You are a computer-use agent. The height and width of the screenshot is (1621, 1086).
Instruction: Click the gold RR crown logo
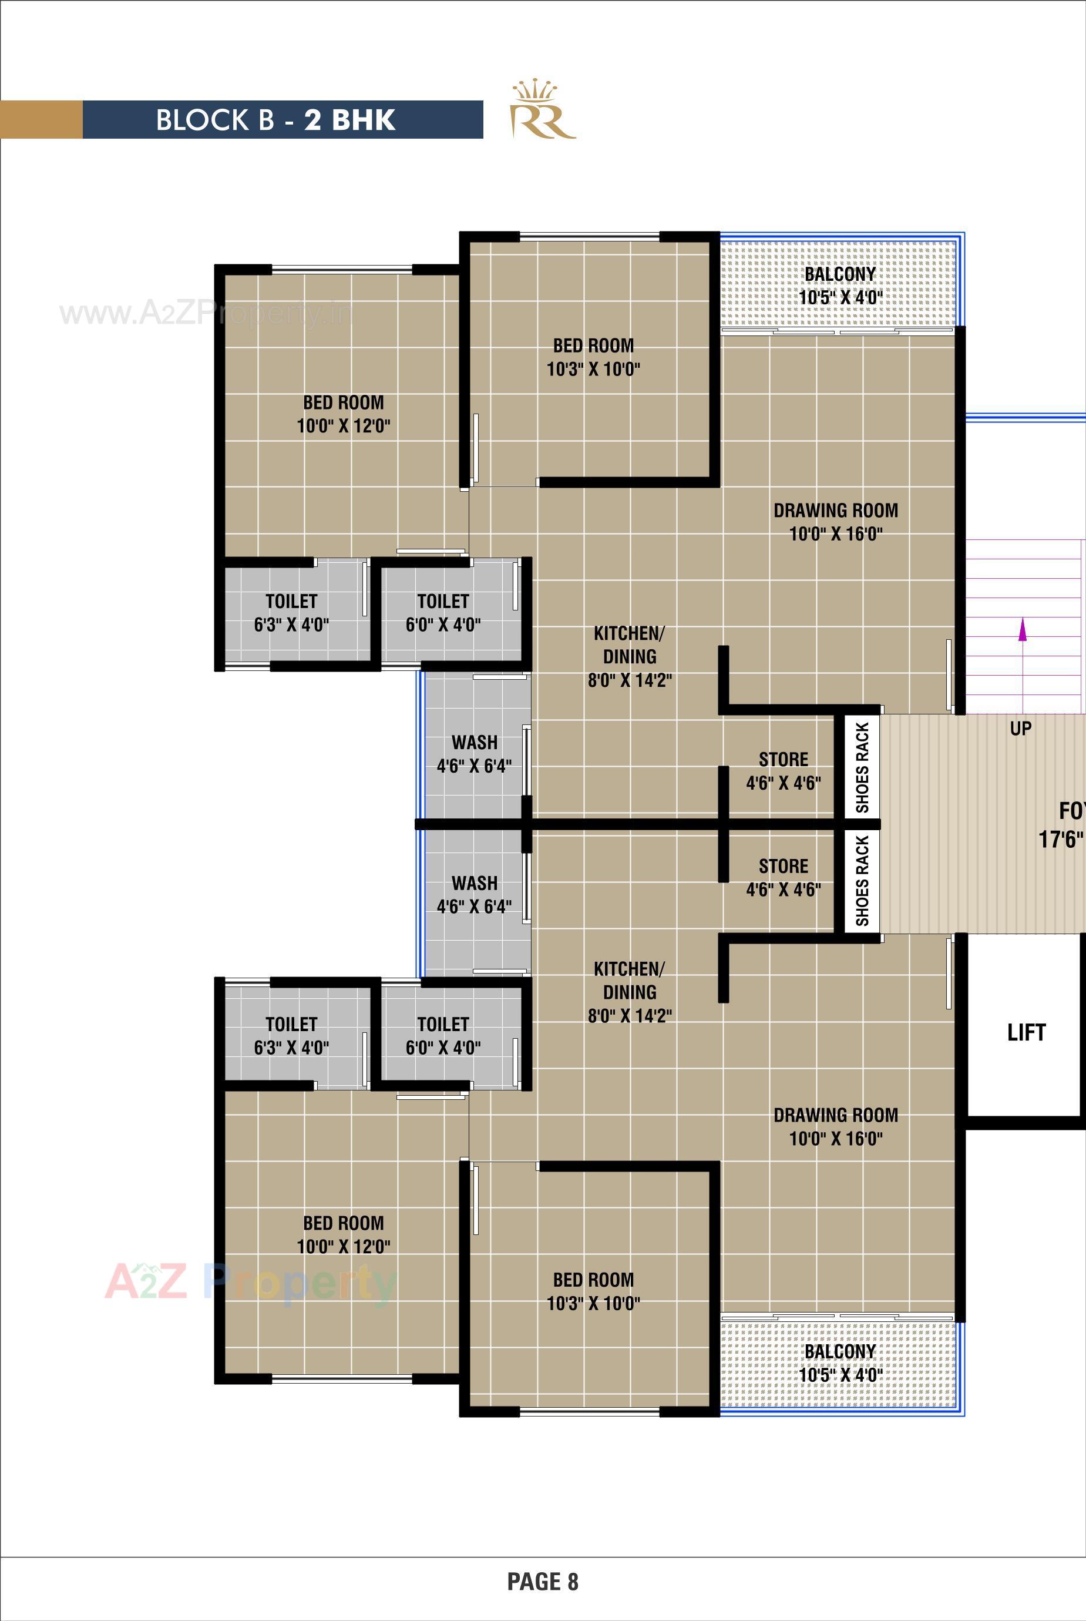[x=542, y=112]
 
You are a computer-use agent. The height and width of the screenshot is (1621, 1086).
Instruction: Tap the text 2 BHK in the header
[x=350, y=120]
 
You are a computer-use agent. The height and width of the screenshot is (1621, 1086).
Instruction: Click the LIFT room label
[x=1026, y=1033]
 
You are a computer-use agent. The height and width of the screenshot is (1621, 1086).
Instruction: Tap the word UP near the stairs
[x=1020, y=728]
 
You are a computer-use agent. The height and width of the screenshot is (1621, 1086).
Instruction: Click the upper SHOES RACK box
[x=862, y=767]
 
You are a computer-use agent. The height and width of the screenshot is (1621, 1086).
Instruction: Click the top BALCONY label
[x=839, y=274]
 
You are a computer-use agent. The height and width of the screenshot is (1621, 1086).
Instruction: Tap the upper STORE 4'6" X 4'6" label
[x=784, y=771]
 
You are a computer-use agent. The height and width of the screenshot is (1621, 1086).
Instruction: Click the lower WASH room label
[x=475, y=894]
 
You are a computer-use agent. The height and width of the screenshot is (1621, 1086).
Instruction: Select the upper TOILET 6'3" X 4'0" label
[x=291, y=613]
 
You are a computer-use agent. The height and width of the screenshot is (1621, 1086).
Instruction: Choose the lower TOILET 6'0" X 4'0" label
[x=443, y=1036]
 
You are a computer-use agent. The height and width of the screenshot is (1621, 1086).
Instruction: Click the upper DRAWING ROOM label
[x=835, y=522]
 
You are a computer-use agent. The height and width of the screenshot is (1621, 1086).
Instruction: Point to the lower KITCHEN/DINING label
[x=630, y=991]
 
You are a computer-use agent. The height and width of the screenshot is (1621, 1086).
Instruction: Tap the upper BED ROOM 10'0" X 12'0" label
[x=344, y=414]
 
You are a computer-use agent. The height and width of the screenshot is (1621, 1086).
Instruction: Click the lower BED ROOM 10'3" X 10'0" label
[x=593, y=1291]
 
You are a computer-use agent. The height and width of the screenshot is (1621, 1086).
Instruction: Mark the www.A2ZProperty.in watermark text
[x=205, y=314]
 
